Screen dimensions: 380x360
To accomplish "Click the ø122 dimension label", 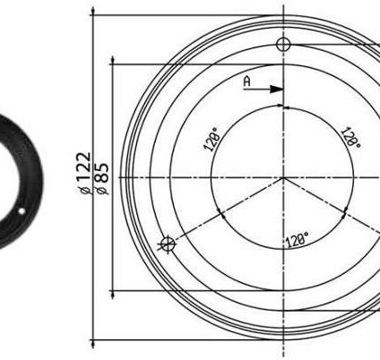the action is click(x=83, y=173).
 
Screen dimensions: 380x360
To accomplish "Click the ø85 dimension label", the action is click(x=102, y=178).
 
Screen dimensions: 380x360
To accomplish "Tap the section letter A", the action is click(x=246, y=81).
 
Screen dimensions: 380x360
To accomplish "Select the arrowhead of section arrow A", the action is click(x=276, y=89).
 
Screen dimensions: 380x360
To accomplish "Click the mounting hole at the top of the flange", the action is click(x=283, y=45).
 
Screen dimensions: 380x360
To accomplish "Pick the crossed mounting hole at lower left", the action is click(x=168, y=244).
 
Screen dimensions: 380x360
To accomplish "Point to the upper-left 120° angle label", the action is click(x=212, y=139).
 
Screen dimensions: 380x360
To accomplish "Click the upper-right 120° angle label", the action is click(x=350, y=138).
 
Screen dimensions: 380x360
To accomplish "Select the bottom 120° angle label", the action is click(x=297, y=240).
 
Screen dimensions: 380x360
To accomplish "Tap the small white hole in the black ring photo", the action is click(x=22, y=211).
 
